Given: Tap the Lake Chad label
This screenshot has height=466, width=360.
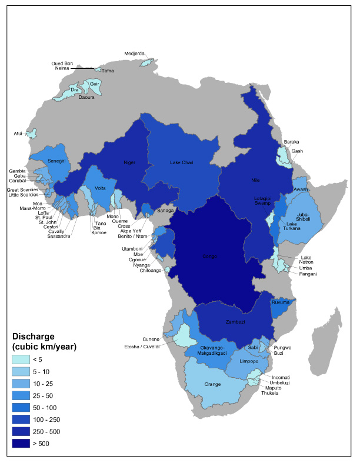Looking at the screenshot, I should (182, 162).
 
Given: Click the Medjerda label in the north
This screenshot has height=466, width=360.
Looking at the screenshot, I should (134, 54).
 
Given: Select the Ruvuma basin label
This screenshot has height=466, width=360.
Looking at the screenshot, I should (280, 302).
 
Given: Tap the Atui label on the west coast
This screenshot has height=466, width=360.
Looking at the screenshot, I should (18, 134).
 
